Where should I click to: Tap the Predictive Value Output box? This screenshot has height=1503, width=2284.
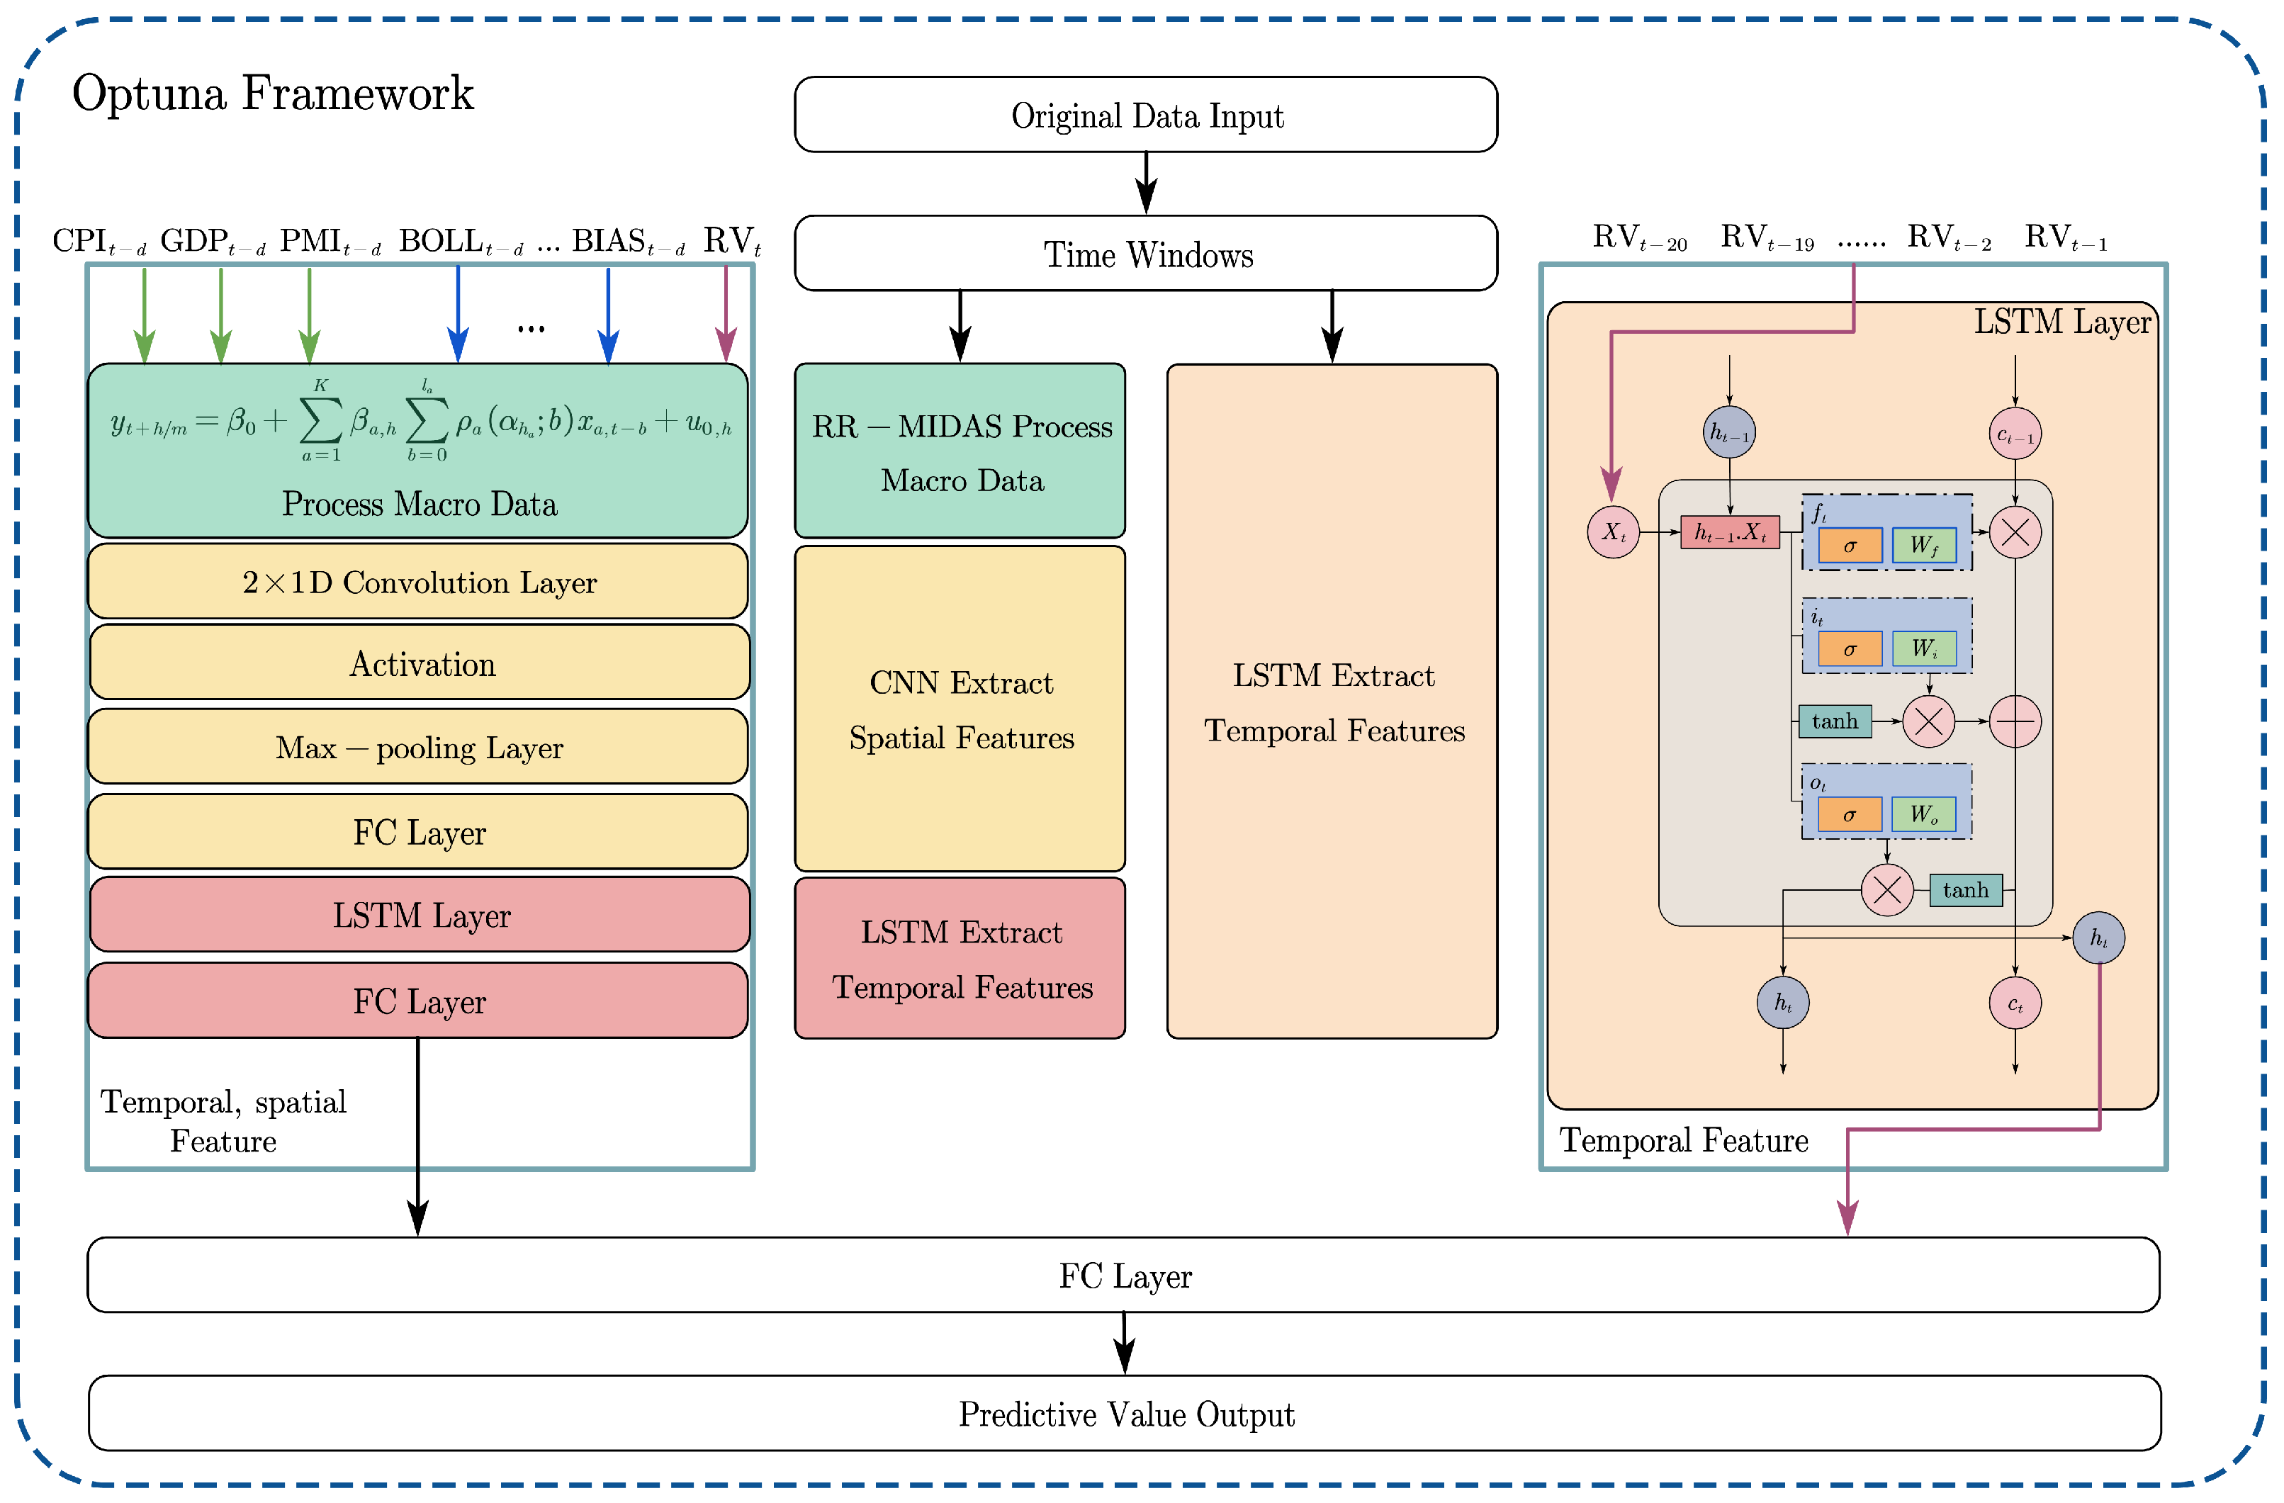pos(1125,1413)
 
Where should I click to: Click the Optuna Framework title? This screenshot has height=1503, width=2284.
pos(273,94)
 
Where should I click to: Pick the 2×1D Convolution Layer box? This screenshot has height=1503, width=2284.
pos(417,582)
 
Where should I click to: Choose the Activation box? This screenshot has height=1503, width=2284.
pos(420,663)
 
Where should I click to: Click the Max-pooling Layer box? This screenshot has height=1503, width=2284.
pos(417,747)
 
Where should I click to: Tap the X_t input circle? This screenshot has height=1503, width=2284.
pos(1613,531)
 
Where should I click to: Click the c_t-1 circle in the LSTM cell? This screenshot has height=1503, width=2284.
pos(2014,434)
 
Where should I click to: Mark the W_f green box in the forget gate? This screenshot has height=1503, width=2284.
pos(1923,545)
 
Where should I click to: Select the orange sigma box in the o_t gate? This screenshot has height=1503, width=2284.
pos(1850,815)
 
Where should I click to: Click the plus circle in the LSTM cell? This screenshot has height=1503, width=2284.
pos(2014,721)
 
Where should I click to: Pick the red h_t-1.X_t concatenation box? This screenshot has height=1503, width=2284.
pos(1729,531)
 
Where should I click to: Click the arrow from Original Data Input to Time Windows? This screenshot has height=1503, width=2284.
pos(1146,182)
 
